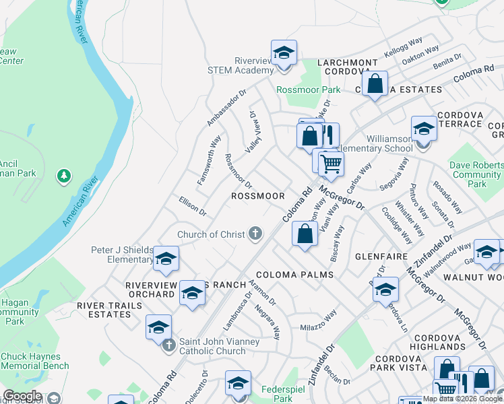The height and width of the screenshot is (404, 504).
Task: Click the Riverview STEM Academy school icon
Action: (284, 53)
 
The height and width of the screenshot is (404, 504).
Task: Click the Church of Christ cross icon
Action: (255, 234)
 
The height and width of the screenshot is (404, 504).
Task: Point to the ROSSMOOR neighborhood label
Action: (258, 196)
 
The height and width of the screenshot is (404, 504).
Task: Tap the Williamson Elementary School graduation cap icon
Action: (424, 129)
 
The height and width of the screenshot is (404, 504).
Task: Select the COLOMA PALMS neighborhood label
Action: (294, 275)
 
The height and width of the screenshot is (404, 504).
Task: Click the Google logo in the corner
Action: (22, 396)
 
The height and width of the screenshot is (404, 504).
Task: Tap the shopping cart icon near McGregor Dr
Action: (330, 163)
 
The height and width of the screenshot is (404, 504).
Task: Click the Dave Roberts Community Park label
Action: (476, 174)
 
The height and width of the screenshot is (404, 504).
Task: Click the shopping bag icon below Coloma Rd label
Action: (305, 234)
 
